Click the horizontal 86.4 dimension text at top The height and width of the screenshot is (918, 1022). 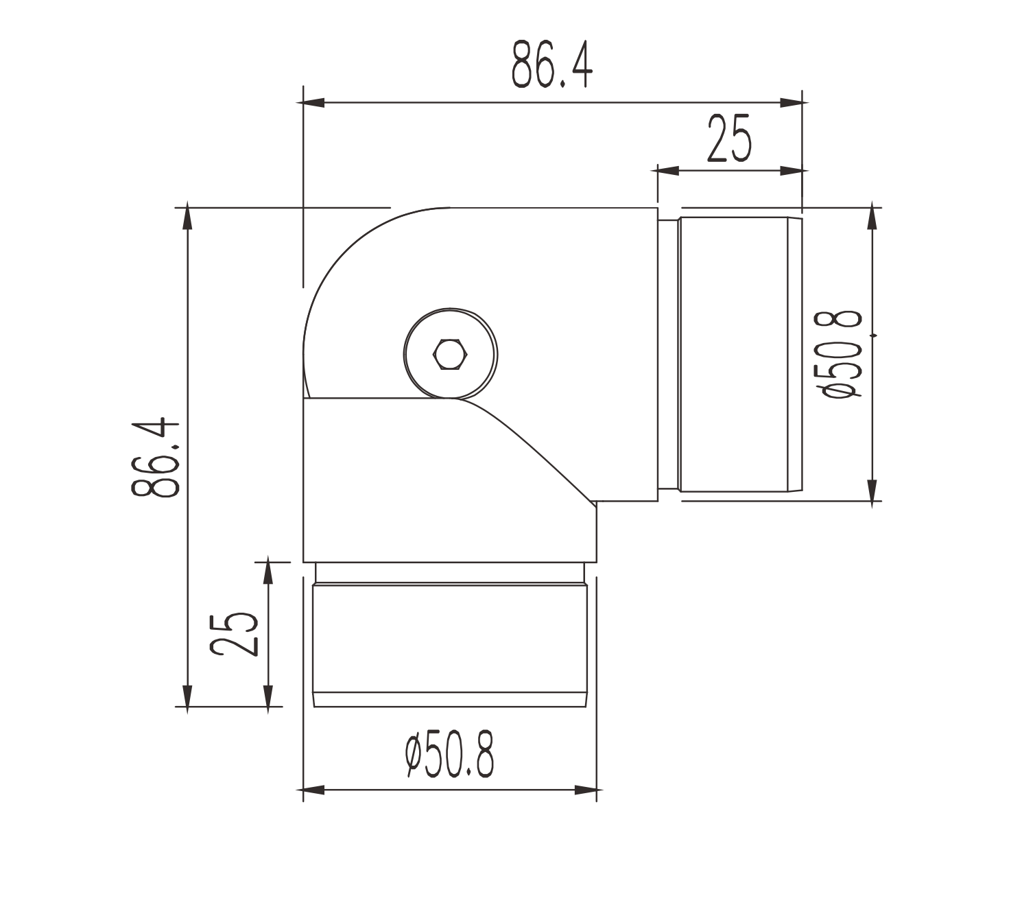552,64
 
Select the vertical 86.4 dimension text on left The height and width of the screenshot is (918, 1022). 156,457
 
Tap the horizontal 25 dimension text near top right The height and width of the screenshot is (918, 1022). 729,139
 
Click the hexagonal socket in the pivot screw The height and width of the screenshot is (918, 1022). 450,355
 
